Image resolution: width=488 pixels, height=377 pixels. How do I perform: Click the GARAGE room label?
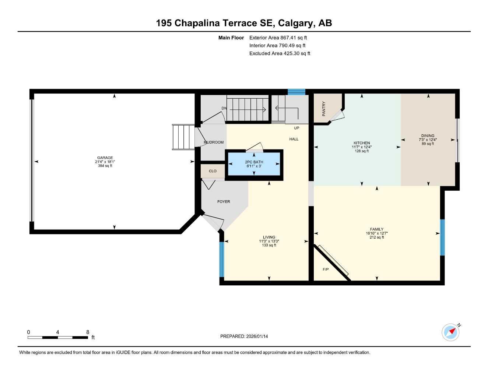click(105, 158)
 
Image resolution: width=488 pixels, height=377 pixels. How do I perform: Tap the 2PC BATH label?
click(254, 162)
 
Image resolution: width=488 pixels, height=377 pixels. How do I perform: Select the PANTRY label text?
click(324, 109)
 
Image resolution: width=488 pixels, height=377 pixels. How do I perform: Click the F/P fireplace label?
click(326, 269)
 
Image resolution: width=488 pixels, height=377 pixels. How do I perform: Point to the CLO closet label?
click(213, 171)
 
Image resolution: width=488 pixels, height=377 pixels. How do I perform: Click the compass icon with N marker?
click(451, 332)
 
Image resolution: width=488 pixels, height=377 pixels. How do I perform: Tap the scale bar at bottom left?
click(58, 337)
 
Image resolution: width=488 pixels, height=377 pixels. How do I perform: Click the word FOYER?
click(224, 202)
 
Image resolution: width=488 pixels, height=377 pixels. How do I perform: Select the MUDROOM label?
click(214, 142)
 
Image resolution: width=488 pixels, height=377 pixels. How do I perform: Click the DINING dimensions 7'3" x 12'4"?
click(428, 140)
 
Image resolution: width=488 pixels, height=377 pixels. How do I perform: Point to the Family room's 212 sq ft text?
click(377, 237)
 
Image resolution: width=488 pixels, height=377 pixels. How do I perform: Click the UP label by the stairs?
click(296, 128)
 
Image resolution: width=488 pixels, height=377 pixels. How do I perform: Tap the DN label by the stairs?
click(224, 108)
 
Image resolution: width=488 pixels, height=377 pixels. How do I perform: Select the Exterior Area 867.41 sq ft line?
click(278, 38)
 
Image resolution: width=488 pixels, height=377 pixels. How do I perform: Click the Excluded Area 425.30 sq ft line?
click(280, 53)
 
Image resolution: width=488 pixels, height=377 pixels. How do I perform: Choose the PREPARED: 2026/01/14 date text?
click(244, 336)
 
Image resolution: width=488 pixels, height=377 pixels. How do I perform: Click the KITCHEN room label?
click(362, 143)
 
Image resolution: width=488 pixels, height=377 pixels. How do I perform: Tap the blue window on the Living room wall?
click(222, 259)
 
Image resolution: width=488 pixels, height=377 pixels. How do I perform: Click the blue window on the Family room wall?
click(442, 237)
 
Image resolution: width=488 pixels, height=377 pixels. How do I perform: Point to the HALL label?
click(294, 139)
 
